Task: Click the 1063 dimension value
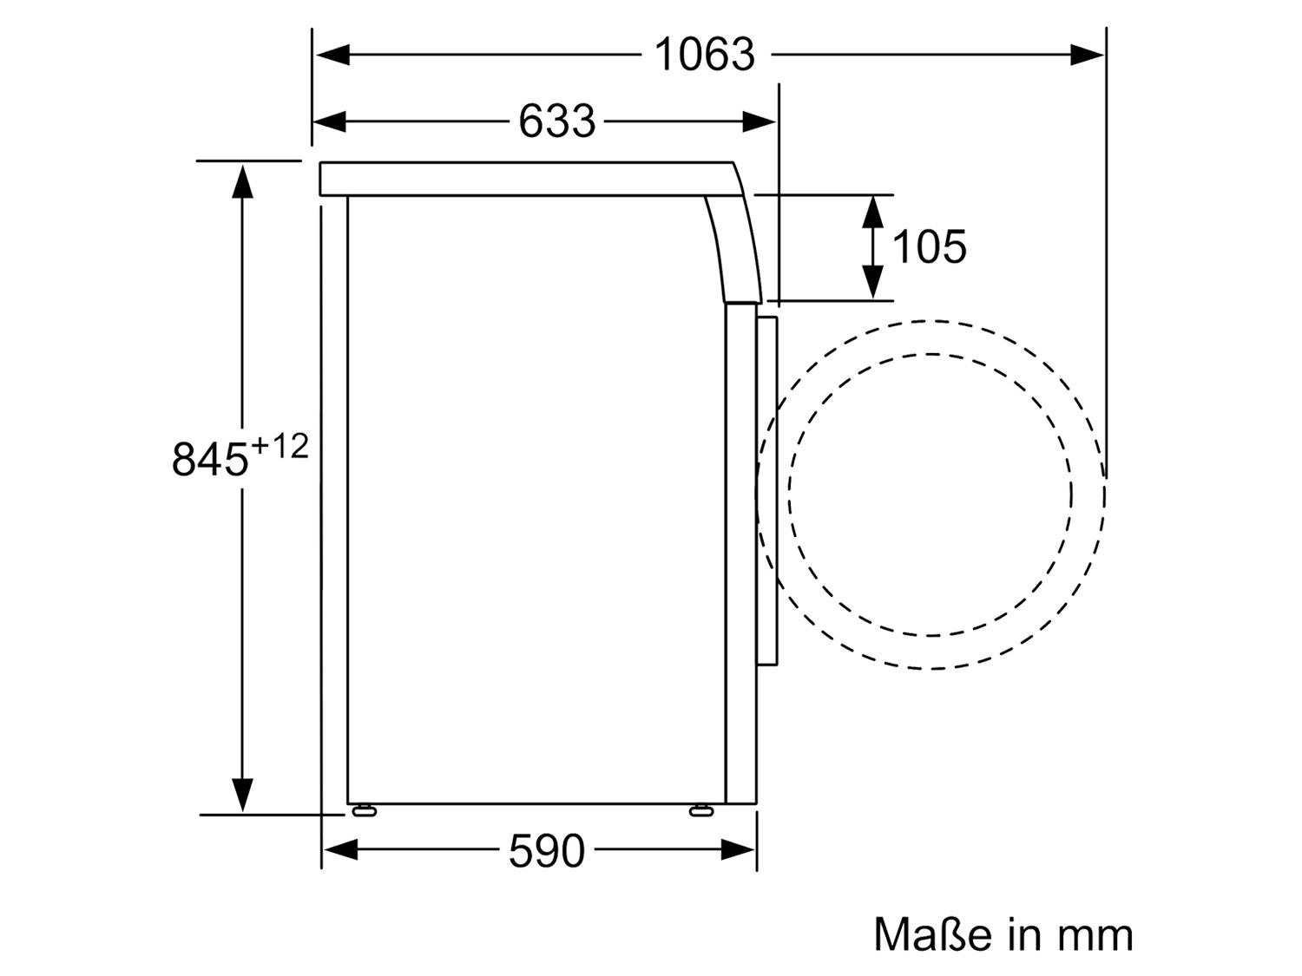click(704, 55)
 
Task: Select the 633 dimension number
click(556, 121)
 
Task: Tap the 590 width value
click(546, 851)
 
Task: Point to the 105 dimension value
click(929, 246)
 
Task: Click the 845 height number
click(209, 459)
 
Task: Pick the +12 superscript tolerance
click(279, 446)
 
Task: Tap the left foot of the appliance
click(365, 811)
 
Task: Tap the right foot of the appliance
click(702, 811)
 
